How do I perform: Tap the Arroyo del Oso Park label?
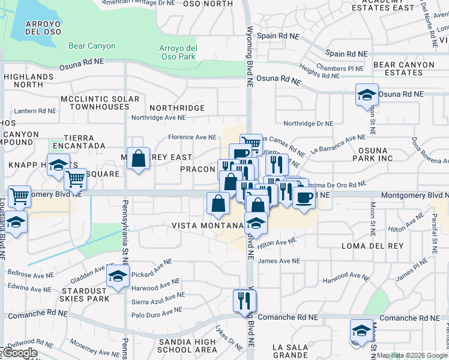(178, 52)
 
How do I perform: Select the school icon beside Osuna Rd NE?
(367, 95)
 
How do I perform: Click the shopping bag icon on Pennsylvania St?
(138, 159)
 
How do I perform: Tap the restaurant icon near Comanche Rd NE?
(244, 299)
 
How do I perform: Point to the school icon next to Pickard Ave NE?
(118, 276)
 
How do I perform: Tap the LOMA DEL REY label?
(366, 246)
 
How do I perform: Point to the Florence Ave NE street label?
(192, 137)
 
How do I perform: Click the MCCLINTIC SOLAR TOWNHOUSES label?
(100, 103)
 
